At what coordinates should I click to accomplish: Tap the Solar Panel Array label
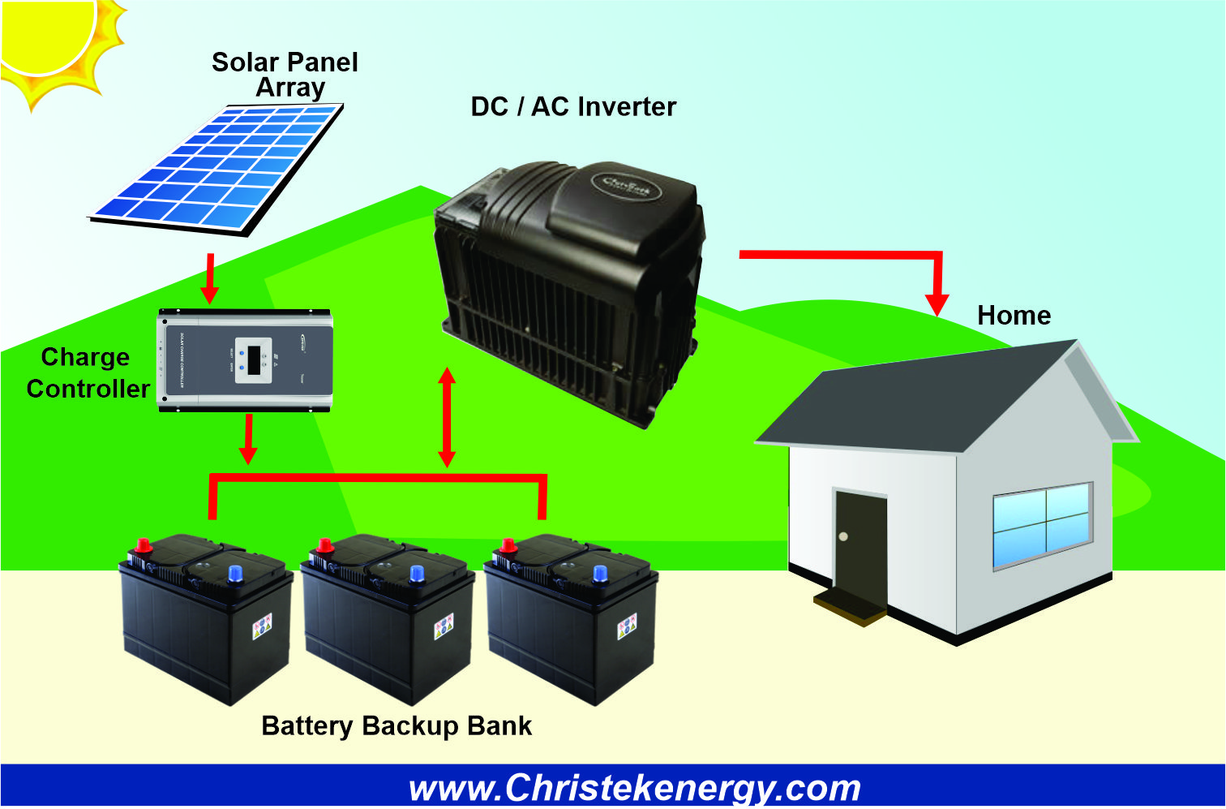[x=285, y=74]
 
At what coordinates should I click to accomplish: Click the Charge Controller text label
[x=87, y=373]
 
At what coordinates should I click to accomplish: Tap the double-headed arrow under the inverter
[x=447, y=418]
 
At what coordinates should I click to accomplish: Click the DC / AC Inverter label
[x=573, y=106]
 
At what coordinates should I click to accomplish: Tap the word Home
[x=1014, y=315]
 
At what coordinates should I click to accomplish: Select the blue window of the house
[x=1043, y=525]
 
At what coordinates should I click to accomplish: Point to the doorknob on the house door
[x=844, y=537]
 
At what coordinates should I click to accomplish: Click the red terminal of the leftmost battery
[x=143, y=546]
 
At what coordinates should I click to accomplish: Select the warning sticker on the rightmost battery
[x=627, y=626]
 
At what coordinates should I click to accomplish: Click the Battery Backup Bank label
[x=397, y=725]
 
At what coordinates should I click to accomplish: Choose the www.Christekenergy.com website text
[x=634, y=788]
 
